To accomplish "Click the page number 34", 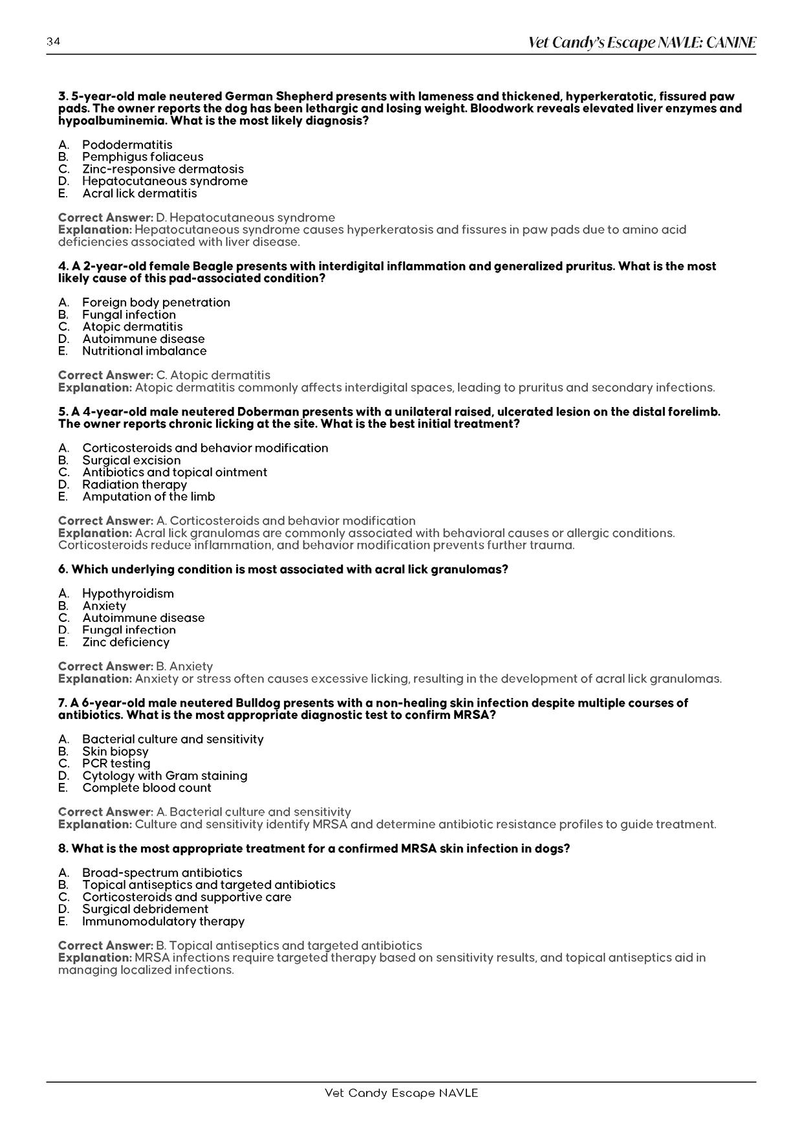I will pyautogui.click(x=53, y=42).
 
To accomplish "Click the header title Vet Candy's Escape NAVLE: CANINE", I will pyautogui.click(x=642, y=43).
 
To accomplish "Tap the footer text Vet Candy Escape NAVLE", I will pyautogui.click(x=401, y=1093).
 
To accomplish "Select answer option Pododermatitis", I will pyautogui.click(x=127, y=144).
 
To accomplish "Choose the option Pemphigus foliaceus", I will pyautogui.click(x=142, y=157).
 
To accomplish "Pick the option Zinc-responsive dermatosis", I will pyautogui.click(x=162, y=169).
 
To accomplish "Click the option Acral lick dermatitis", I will pyautogui.click(x=139, y=193).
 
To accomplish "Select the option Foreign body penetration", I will pyautogui.click(x=156, y=302).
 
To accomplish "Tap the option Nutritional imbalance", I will pyautogui.click(x=144, y=351).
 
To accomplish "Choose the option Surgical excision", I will pyautogui.click(x=131, y=460).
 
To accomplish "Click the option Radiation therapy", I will pyautogui.click(x=134, y=485).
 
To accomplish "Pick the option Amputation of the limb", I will pyautogui.click(x=148, y=497).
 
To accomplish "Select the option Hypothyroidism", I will pyautogui.click(x=127, y=593).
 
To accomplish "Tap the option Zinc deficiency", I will pyautogui.click(x=125, y=642).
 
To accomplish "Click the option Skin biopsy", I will pyautogui.click(x=115, y=751).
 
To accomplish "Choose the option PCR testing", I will pyautogui.click(x=116, y=764).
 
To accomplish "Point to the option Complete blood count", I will pyautogui.click(x=146, y=788).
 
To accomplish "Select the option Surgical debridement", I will pyautogui.click(x=145, y=909).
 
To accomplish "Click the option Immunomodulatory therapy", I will pyautogui.click(x=163, y=921).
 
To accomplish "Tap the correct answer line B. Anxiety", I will pyautogui.click(x=135, y=667).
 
